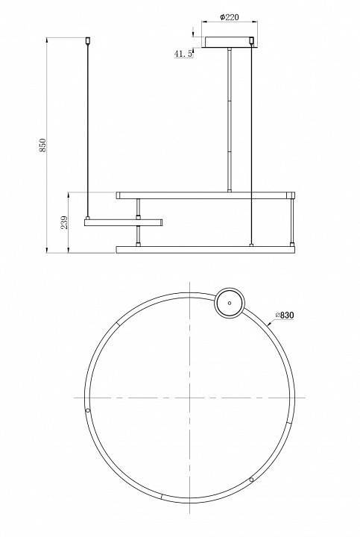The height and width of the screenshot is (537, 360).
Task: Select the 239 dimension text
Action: click(65, 222)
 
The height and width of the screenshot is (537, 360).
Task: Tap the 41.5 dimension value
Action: click(183, 54)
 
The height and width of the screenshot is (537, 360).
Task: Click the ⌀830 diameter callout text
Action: click(286, 315)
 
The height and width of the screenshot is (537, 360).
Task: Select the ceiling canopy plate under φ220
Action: click(229, 40)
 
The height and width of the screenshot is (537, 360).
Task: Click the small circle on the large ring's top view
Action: click(229, 304)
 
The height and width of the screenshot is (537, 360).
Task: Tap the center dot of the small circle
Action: click(229, 303)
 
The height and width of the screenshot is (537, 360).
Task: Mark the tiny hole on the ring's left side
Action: click(88, 410)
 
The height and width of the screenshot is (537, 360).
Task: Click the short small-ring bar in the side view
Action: click(124, 222)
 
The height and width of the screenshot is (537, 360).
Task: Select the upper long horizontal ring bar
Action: click(206, 195)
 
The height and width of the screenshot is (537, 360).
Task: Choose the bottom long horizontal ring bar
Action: click(206, 248)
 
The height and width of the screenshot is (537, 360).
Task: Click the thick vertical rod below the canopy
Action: click(229, 119)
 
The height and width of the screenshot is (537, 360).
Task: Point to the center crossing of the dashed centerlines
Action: click(190, 395)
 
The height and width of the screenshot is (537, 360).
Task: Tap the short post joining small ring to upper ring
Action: click(138, 209)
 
